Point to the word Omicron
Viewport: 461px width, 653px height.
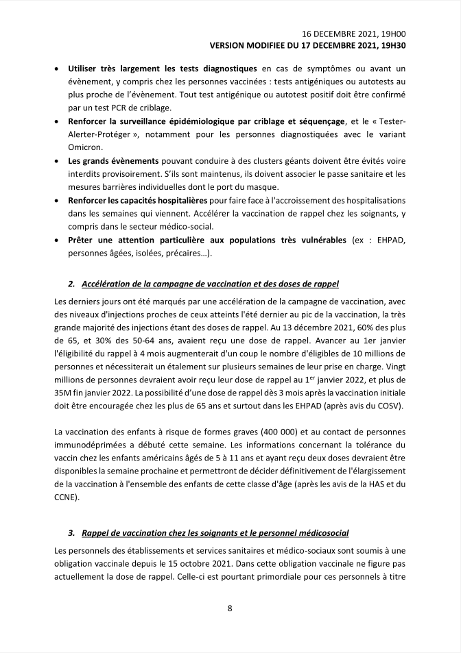(86, 147)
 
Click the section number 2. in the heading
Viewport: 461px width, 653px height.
(71, 284)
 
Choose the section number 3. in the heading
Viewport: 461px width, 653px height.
(71, 532)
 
